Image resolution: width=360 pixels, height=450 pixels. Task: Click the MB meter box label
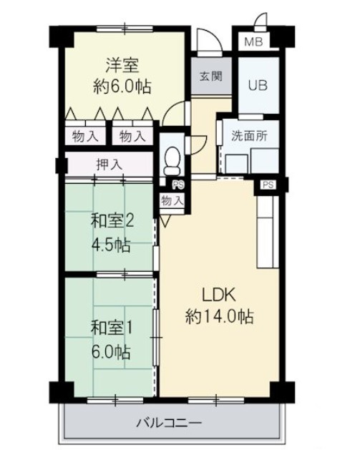tap(253, 42)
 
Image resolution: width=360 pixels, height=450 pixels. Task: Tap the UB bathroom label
tap(258, 85)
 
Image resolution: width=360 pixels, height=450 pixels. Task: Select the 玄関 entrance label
tap(211, 76)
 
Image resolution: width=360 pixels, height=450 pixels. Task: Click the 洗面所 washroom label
tap(249, 135)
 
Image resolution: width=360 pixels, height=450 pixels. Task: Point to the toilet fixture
tap(172, 161)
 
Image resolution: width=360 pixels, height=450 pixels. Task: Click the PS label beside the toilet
tap(178, 185)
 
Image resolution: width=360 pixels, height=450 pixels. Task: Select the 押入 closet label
tap(109, 165)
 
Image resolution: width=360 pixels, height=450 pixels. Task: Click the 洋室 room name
tap(122, 65)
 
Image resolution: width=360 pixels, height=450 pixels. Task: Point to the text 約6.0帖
tap(122, 86)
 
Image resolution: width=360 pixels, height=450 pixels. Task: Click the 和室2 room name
tap(112, 221)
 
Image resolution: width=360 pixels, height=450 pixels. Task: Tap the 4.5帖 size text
tap(111, 245)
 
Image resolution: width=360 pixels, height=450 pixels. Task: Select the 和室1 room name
tap(112, 328)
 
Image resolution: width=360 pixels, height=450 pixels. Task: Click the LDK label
tap(219, 295)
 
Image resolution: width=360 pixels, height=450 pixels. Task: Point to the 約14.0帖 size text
tap(220, 317)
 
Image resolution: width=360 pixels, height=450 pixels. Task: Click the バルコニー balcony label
tap(169, 423)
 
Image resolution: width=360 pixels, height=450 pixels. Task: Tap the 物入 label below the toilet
tap(172, 200)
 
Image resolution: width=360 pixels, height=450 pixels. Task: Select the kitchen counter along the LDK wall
tap(268, 232)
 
